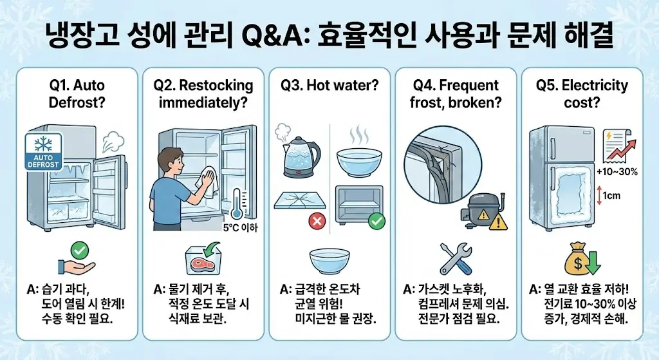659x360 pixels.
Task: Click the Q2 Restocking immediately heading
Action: pos(203,93)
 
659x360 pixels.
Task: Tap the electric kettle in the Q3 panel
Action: pos(298,152)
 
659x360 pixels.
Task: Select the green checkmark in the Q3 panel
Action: pos(376,222)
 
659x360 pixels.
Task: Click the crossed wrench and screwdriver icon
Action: pos(456,258)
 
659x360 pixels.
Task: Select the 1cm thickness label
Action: pos(611,195)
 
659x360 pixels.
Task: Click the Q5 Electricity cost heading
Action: pos(582,93)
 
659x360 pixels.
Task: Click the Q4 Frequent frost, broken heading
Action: pos(456,93)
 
